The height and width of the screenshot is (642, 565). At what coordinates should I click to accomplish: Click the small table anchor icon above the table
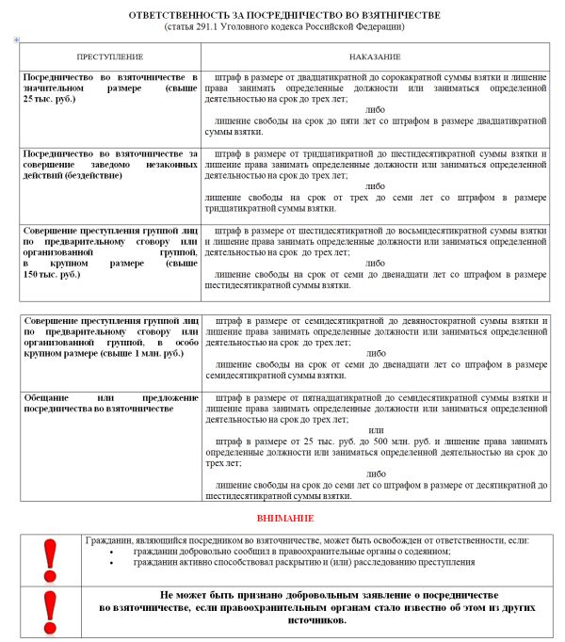17,40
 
